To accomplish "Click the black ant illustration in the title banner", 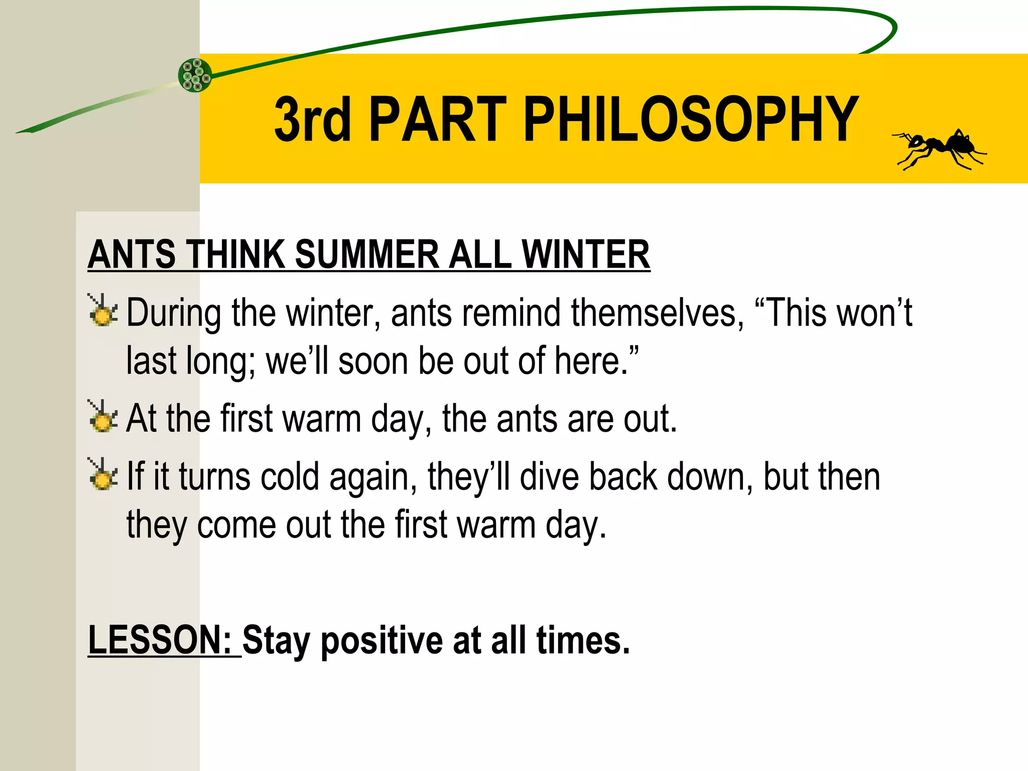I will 939,150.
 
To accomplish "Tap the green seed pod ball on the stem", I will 195,75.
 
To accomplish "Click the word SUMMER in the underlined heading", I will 366,254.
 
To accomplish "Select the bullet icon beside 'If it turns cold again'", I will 103,474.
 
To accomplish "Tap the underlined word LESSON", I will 159,640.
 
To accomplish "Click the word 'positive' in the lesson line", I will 381,641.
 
